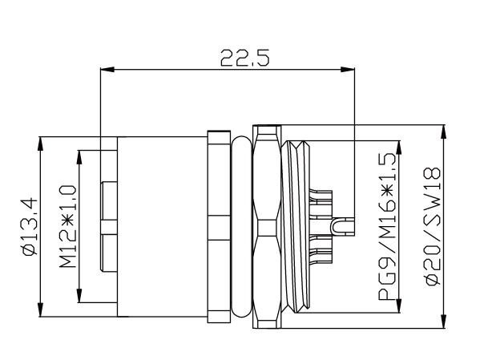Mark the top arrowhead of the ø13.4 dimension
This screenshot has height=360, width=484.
pos(41,143)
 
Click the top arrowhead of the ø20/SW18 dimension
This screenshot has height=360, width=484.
pos(444,131)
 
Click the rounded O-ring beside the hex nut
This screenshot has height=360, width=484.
pos(241,227)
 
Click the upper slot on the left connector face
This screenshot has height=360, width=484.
pos(109,200)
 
